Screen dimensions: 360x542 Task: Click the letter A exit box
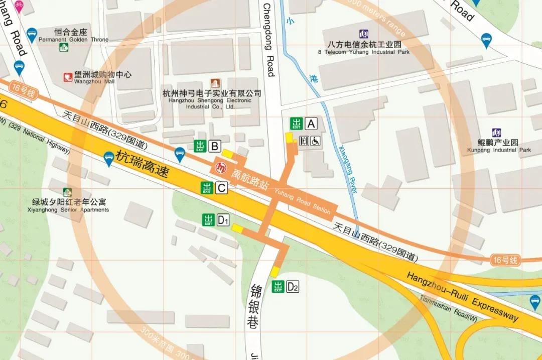pyautogui.click(x=312, y=124)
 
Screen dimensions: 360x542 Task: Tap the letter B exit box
pyautogui.click(x=215, y=146)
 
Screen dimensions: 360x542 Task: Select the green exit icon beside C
pyautogui.click(x=206, y=188)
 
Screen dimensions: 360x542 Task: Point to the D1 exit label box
pyautogui.click(x=223, y=220)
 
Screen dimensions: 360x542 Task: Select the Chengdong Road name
pyautogui.click(x=269, y=40)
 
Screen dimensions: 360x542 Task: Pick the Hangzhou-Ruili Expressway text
pyautogui.click(x=462, y=297)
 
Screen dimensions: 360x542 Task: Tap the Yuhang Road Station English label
pyautogui.click(x=302, y=200)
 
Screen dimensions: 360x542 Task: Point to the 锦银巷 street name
pyautogui.click(x=255, y=306)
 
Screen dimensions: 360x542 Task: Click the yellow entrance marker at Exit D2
pyautogui.click(x=275, y=272)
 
